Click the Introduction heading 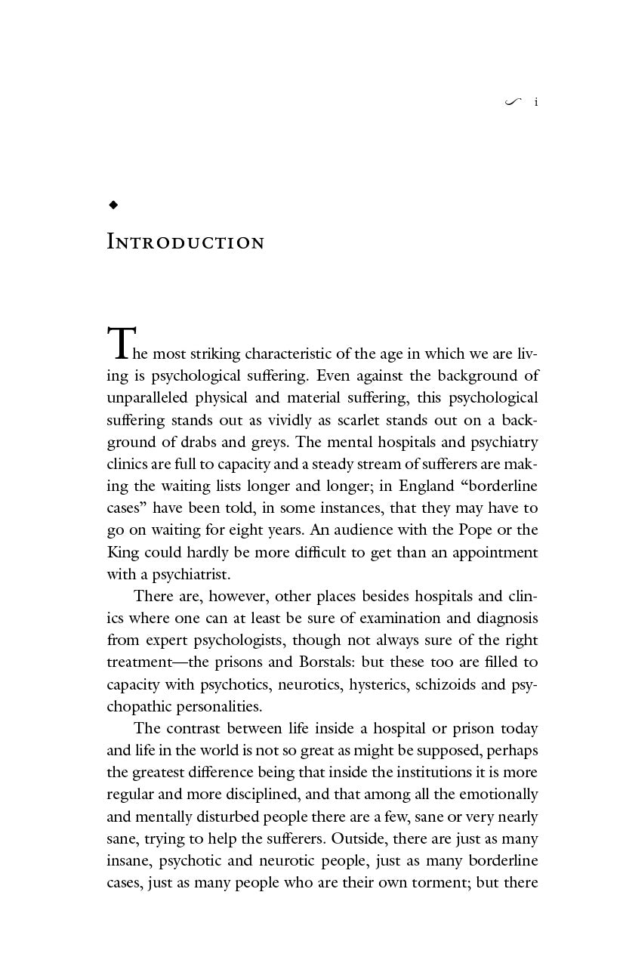pos(186,242)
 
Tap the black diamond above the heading pos(113,205)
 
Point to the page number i pos(536,102)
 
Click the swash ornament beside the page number pos(513,102)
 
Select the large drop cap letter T pos(120,344)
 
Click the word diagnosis pos(507,618)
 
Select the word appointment pos(495,552)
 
